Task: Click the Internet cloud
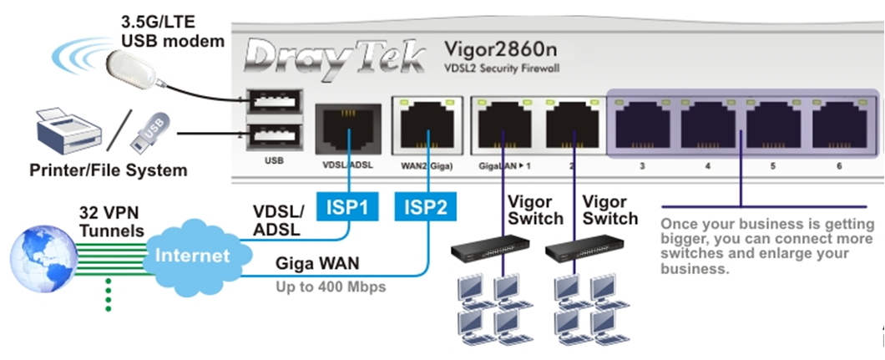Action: [x=191, y=254]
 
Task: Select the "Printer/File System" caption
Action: [x=109, y=170]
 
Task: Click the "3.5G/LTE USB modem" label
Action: [x=173, y=31]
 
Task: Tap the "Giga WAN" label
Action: [x=317, y=265]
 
